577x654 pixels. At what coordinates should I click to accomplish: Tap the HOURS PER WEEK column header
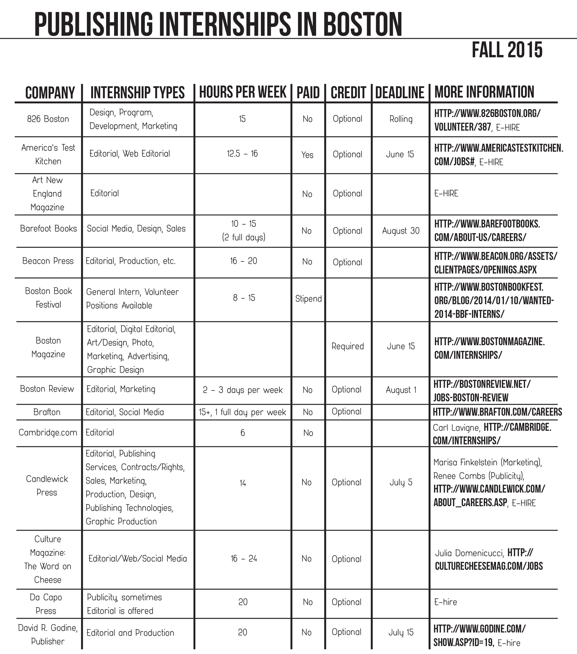tap(243, 92)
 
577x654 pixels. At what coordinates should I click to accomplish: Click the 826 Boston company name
tap(48, 119)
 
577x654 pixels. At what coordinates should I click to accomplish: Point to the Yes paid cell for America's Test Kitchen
tap(307, 155)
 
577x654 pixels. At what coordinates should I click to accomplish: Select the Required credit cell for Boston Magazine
tap(348, 346)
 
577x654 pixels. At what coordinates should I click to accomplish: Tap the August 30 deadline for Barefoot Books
tap(401, 231)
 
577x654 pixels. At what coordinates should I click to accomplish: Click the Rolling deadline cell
tap(401, 119)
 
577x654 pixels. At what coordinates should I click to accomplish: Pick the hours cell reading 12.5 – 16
tap(242, 153)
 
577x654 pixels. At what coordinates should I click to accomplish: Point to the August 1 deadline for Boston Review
tap(401, 390)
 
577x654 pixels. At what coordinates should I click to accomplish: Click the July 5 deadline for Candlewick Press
tap(401, 482)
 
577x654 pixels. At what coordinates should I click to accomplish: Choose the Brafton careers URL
tap(497, 412)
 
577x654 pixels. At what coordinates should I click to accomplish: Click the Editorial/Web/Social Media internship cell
tap(138, 559)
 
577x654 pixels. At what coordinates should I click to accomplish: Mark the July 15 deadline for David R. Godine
tap(401, 632)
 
